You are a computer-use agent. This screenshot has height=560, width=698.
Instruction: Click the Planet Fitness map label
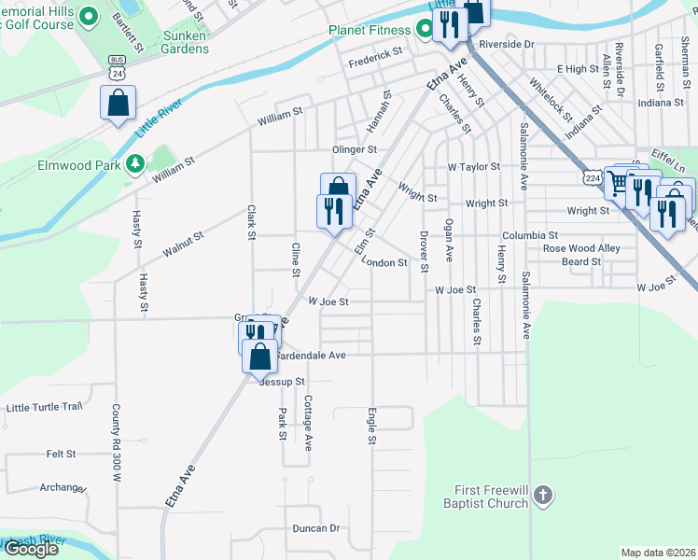pyautogui.click(x=369, y=30)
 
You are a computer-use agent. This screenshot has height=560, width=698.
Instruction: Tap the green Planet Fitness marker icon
pyautogui.click(x=426, y=30)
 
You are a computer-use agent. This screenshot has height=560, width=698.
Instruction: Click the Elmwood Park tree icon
pyautogui.click(x=136, y=164)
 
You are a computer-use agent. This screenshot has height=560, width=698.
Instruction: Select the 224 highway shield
pyautogui.click(x=592, y=175)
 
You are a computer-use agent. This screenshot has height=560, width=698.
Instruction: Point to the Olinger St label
pyautogui.click(x=354, y=149)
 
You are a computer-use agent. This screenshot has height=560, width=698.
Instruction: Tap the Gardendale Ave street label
pyautogui.click(x=312, y=356)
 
